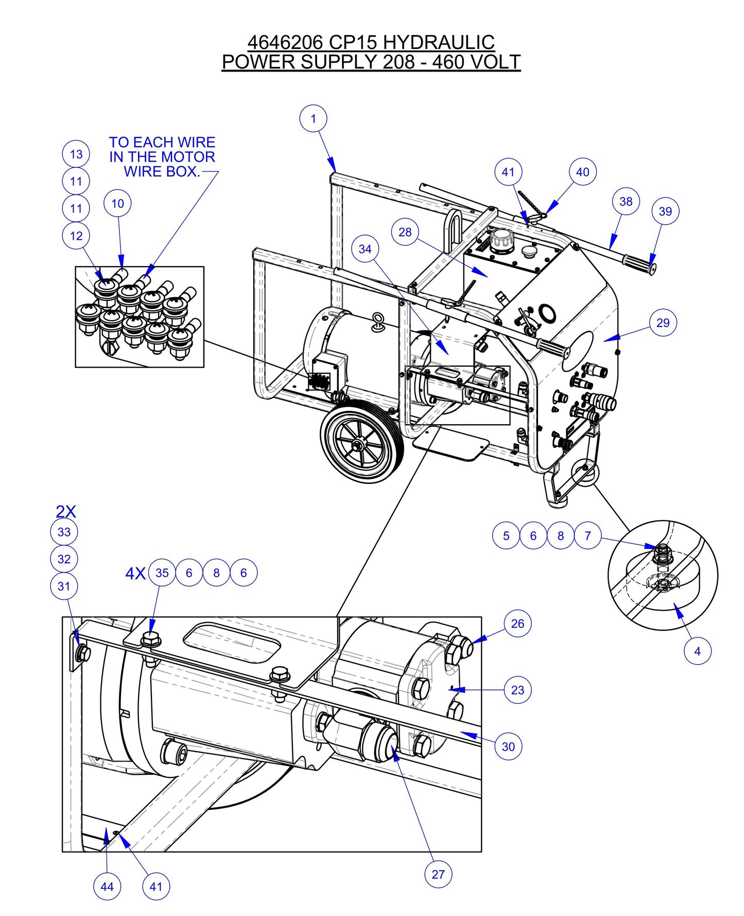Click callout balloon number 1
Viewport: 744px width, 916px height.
coord(314,119)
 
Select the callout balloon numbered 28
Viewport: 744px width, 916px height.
coord(405,232)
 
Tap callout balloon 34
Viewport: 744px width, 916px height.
coord(365,249)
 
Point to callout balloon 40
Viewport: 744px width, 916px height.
coord(582,172)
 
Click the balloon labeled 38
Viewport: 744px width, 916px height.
coord(626,201)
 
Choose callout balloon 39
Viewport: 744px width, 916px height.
coord(665,211)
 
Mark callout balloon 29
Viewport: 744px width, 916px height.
coord(663,323)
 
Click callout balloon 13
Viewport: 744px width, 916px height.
coord(76,154)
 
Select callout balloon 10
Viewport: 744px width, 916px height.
coord(117,203)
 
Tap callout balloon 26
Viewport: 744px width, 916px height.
coord(517,624)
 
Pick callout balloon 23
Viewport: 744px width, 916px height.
coord(517,690)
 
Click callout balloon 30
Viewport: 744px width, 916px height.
coord(508,747)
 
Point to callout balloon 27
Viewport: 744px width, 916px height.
coord(438,874)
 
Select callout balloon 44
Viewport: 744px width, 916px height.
coord(107,887)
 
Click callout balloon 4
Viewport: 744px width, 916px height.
coord(697,651)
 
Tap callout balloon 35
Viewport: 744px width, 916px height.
coord(162,573)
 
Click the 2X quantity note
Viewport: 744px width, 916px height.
coord(66,511)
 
